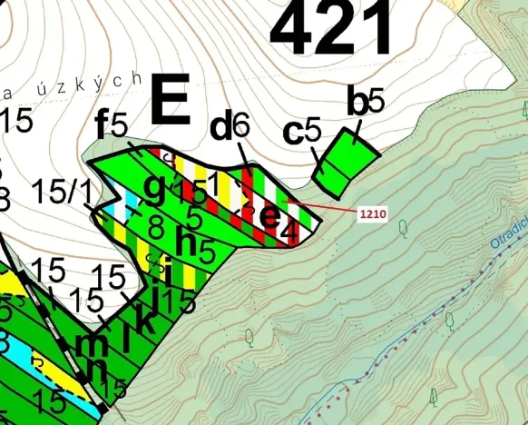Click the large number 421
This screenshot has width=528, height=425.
[331, 29]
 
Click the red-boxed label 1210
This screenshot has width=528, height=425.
[372, 215]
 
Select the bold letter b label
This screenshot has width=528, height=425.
[357, 103]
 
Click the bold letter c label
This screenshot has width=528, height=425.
[292, 133]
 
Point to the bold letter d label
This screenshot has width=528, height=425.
[220, 128]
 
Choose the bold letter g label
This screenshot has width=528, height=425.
[156, 188]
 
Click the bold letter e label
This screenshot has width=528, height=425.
[269, 215]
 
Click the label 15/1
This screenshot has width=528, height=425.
[61, 191]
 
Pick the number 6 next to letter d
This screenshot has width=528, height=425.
[240, 126]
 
